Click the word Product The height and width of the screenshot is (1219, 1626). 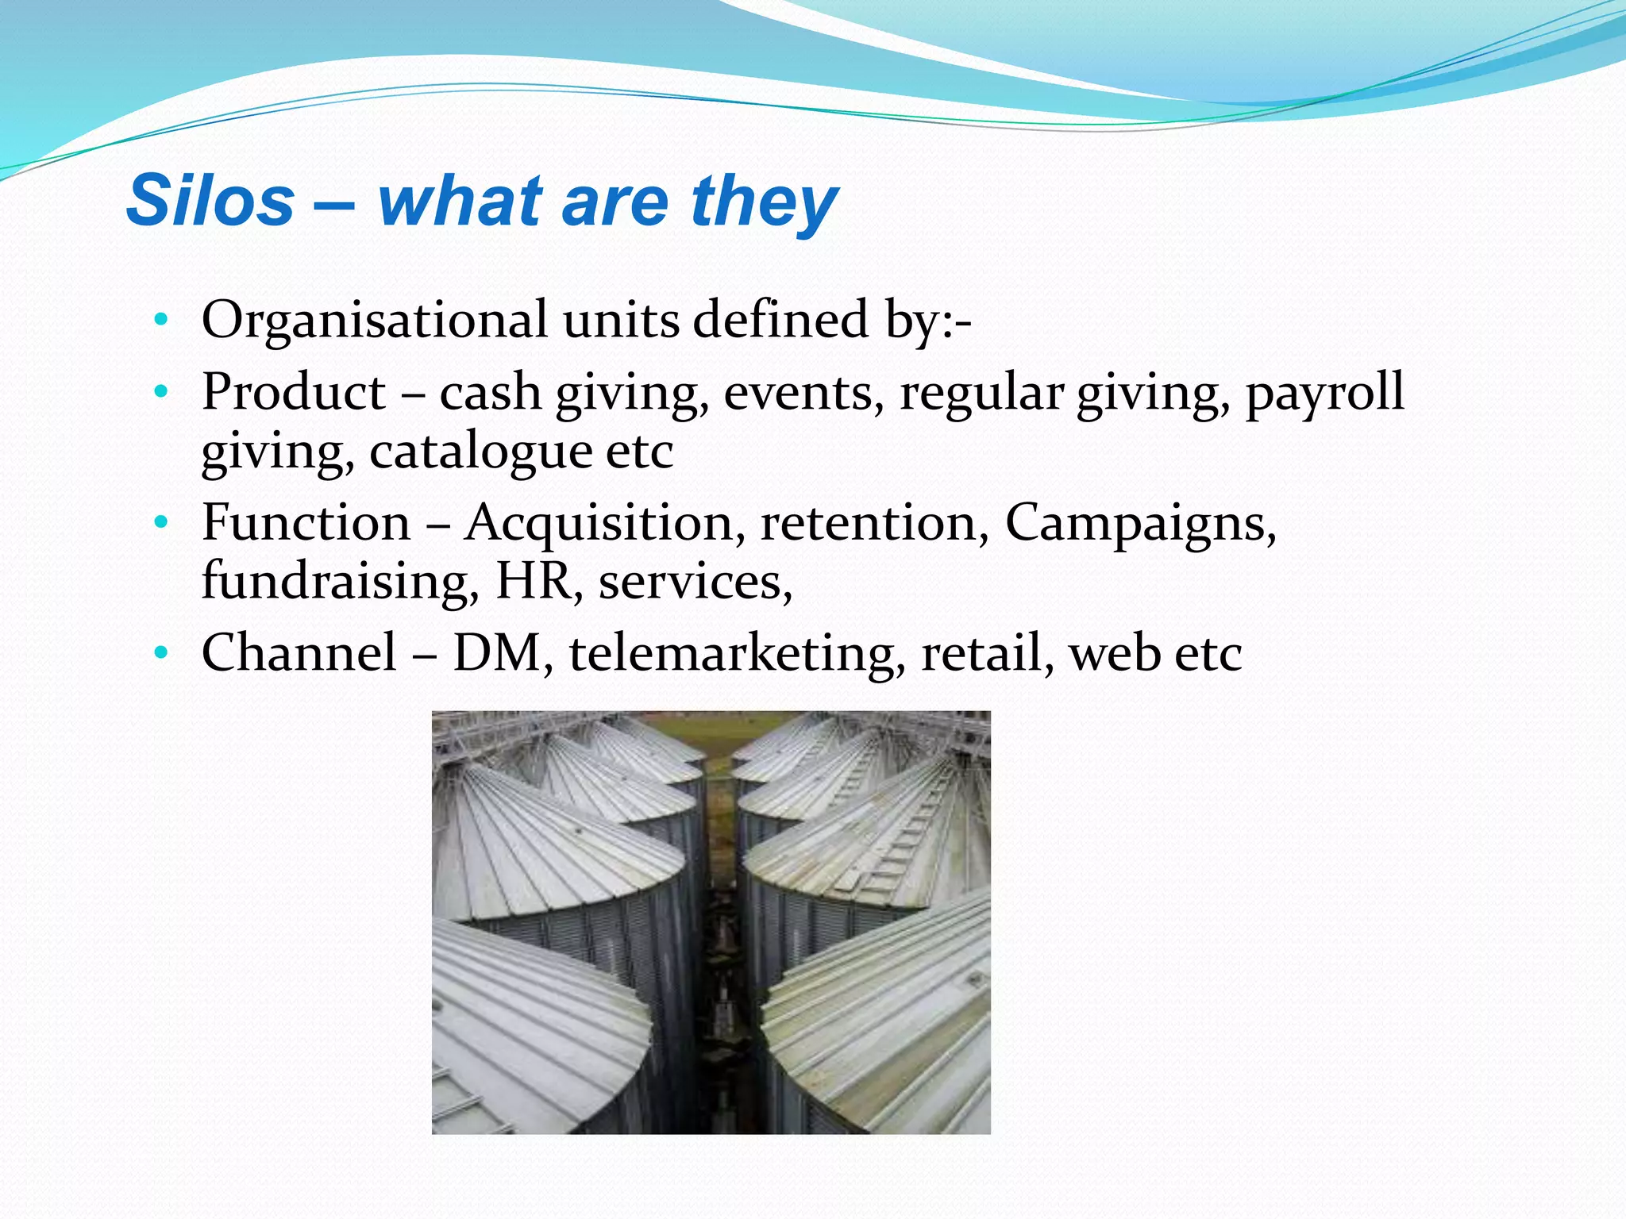click(294, 392)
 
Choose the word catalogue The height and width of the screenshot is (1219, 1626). click(480, 452)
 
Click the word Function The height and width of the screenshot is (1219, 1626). click(306, 523)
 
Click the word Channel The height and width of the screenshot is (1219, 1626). click(299, 653)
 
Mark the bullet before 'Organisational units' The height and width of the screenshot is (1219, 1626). click(161, 321)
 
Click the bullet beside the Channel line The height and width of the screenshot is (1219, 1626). click(161, 653)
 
